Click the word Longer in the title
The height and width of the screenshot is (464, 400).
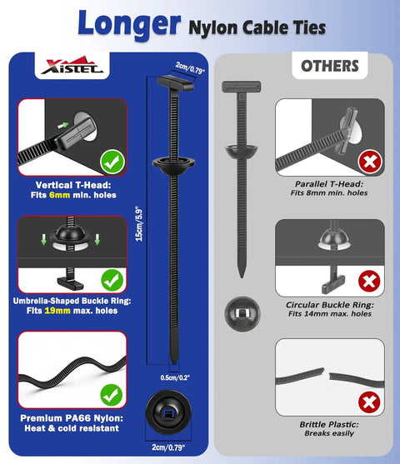pyautogui.click(x=129, y=24)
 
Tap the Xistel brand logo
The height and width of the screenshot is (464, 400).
pyautogui.click(x=72, y=66)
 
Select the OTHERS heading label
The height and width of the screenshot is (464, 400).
pyautogui.click(x=330, y=66)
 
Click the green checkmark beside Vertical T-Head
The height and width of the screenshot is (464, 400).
pyautogui.click(x=112, y=162)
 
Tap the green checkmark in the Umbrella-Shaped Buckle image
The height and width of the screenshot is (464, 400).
pyautogui.click(x=112, y=280)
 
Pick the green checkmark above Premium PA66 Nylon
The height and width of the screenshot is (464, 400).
pyautogui.click(x=112, y=396)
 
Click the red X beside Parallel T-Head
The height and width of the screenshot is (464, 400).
pyautogui.click(x=370, y=162)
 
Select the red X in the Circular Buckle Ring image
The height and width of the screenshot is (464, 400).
pyautogui.click(x=369, y=281)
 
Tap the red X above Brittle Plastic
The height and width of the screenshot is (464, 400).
pyautogui.click(x=369, y=402)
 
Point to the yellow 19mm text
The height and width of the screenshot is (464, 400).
pyautogui.click(x=57, y=311)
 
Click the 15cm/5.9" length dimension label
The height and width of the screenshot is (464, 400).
pyautogui.click(x=139, y=224)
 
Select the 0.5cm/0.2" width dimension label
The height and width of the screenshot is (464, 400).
pyautogui.click(x=175, y=377)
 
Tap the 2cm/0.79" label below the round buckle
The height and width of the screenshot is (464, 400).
pyautogui.click(x=168, y=447)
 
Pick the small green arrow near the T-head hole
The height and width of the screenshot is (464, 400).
pyautogui.click(x=63, y=125)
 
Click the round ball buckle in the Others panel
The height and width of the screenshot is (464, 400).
pyautogui.click(x=242, y=314)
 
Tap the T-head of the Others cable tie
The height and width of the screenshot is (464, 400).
pyautogui.click(x=242, y=86)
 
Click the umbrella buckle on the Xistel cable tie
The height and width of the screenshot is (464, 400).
pyautogui.click(x=173, y=166)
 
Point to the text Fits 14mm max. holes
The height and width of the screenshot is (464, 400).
pyautogui.click(x=330, y=314)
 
